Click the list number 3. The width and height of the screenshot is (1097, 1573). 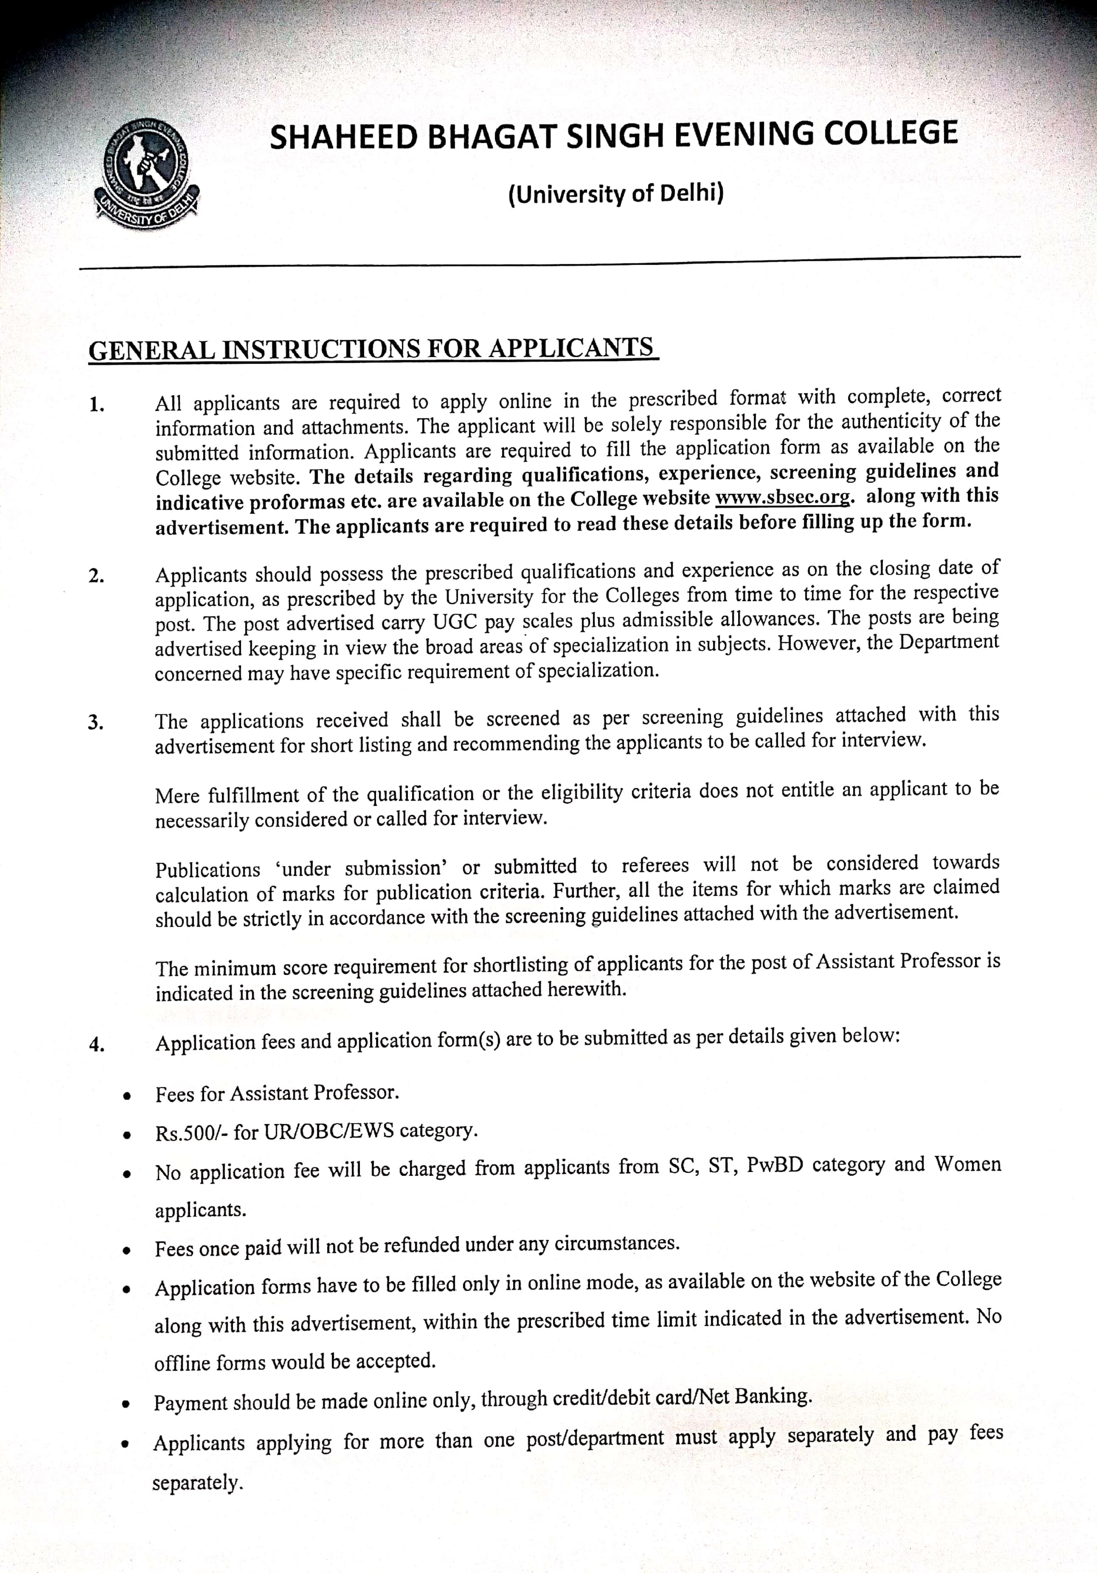(96, 723)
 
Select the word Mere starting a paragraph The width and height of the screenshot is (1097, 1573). (176, 795)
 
